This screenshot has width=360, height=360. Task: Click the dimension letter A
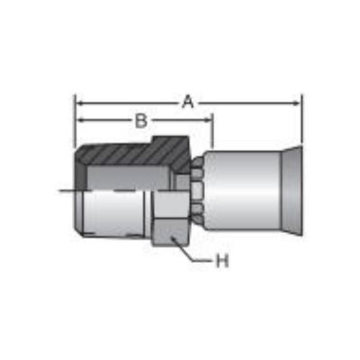point(188,102)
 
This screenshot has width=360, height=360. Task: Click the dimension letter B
point(141,121)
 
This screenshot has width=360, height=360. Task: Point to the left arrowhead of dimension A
point(81,103)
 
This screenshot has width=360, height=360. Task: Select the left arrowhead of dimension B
point(81,121)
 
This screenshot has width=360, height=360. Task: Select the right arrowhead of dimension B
point(207,121)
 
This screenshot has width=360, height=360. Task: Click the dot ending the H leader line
point(173,238)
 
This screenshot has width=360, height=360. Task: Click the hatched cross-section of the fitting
point(132,156)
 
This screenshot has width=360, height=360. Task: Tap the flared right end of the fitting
point(292,191)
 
